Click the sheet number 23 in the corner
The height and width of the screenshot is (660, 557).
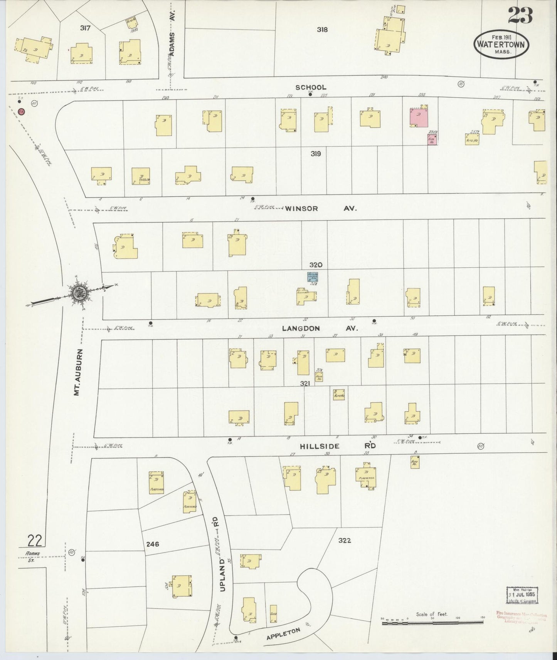[520, 15]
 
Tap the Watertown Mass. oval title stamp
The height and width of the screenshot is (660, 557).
[501, 44]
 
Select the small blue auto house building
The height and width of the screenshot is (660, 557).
[312, 277]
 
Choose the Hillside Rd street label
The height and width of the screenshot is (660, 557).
[338, 446]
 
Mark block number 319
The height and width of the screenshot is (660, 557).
[316, 154]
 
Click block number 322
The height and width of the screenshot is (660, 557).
[344, 540]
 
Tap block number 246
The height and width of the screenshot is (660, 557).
[153, 544]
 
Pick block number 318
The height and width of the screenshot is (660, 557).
[322, 29]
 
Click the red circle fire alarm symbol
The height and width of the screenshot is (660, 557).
[22, 111]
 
